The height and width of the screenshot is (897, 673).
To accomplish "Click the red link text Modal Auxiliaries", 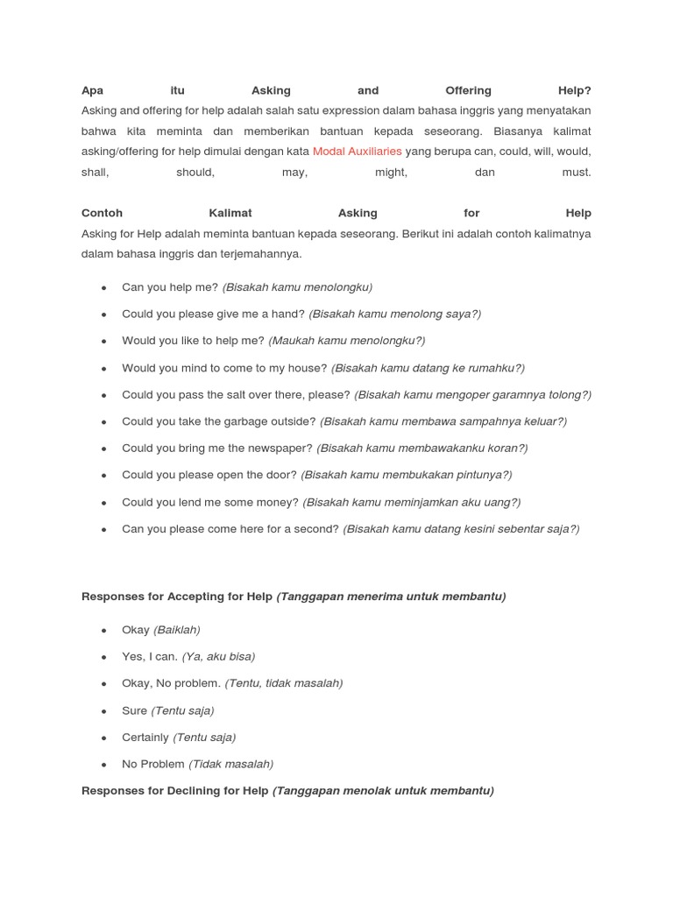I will coord(357,152).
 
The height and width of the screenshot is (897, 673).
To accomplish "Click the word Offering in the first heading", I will coord(468,90).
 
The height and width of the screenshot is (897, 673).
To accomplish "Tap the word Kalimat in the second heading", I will coord(230,213).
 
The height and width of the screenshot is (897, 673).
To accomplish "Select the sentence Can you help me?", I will coord(170,286).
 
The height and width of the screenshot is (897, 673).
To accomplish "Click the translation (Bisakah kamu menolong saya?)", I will coord(394,314).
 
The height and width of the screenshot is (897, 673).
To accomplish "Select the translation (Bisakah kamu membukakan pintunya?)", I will coord(406,475).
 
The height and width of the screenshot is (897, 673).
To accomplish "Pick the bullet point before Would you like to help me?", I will coord(104,341).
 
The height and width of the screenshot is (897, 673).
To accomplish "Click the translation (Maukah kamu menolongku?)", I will coord(346,341).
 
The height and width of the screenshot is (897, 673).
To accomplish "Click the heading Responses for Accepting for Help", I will coord(177,597).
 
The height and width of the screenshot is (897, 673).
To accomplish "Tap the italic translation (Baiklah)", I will coord(177,630).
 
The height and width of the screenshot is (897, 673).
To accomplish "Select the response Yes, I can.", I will coord(150,656).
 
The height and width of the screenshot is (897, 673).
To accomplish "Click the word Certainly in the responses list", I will coord(145,737).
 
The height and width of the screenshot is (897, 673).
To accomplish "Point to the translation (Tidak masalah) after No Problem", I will coord(231,764).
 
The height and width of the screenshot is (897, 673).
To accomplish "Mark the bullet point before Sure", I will coord(104,710).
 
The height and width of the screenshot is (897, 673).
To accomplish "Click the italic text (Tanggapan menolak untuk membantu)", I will coord(383,790).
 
